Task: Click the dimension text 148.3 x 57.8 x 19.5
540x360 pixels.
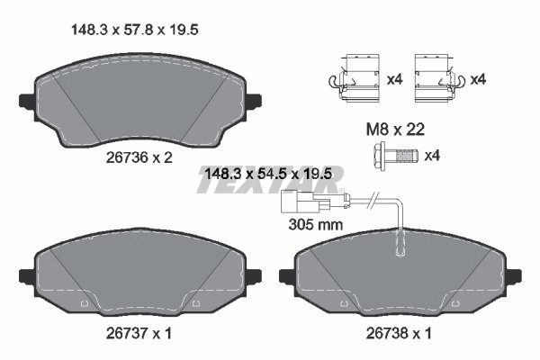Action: tap(134, 30)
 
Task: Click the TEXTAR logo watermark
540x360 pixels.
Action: tap(270, 187)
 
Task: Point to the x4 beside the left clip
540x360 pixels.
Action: tap(393, 80)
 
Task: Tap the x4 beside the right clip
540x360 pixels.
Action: tap(479, 80)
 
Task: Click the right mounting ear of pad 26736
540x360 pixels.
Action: tap(255, 101)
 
